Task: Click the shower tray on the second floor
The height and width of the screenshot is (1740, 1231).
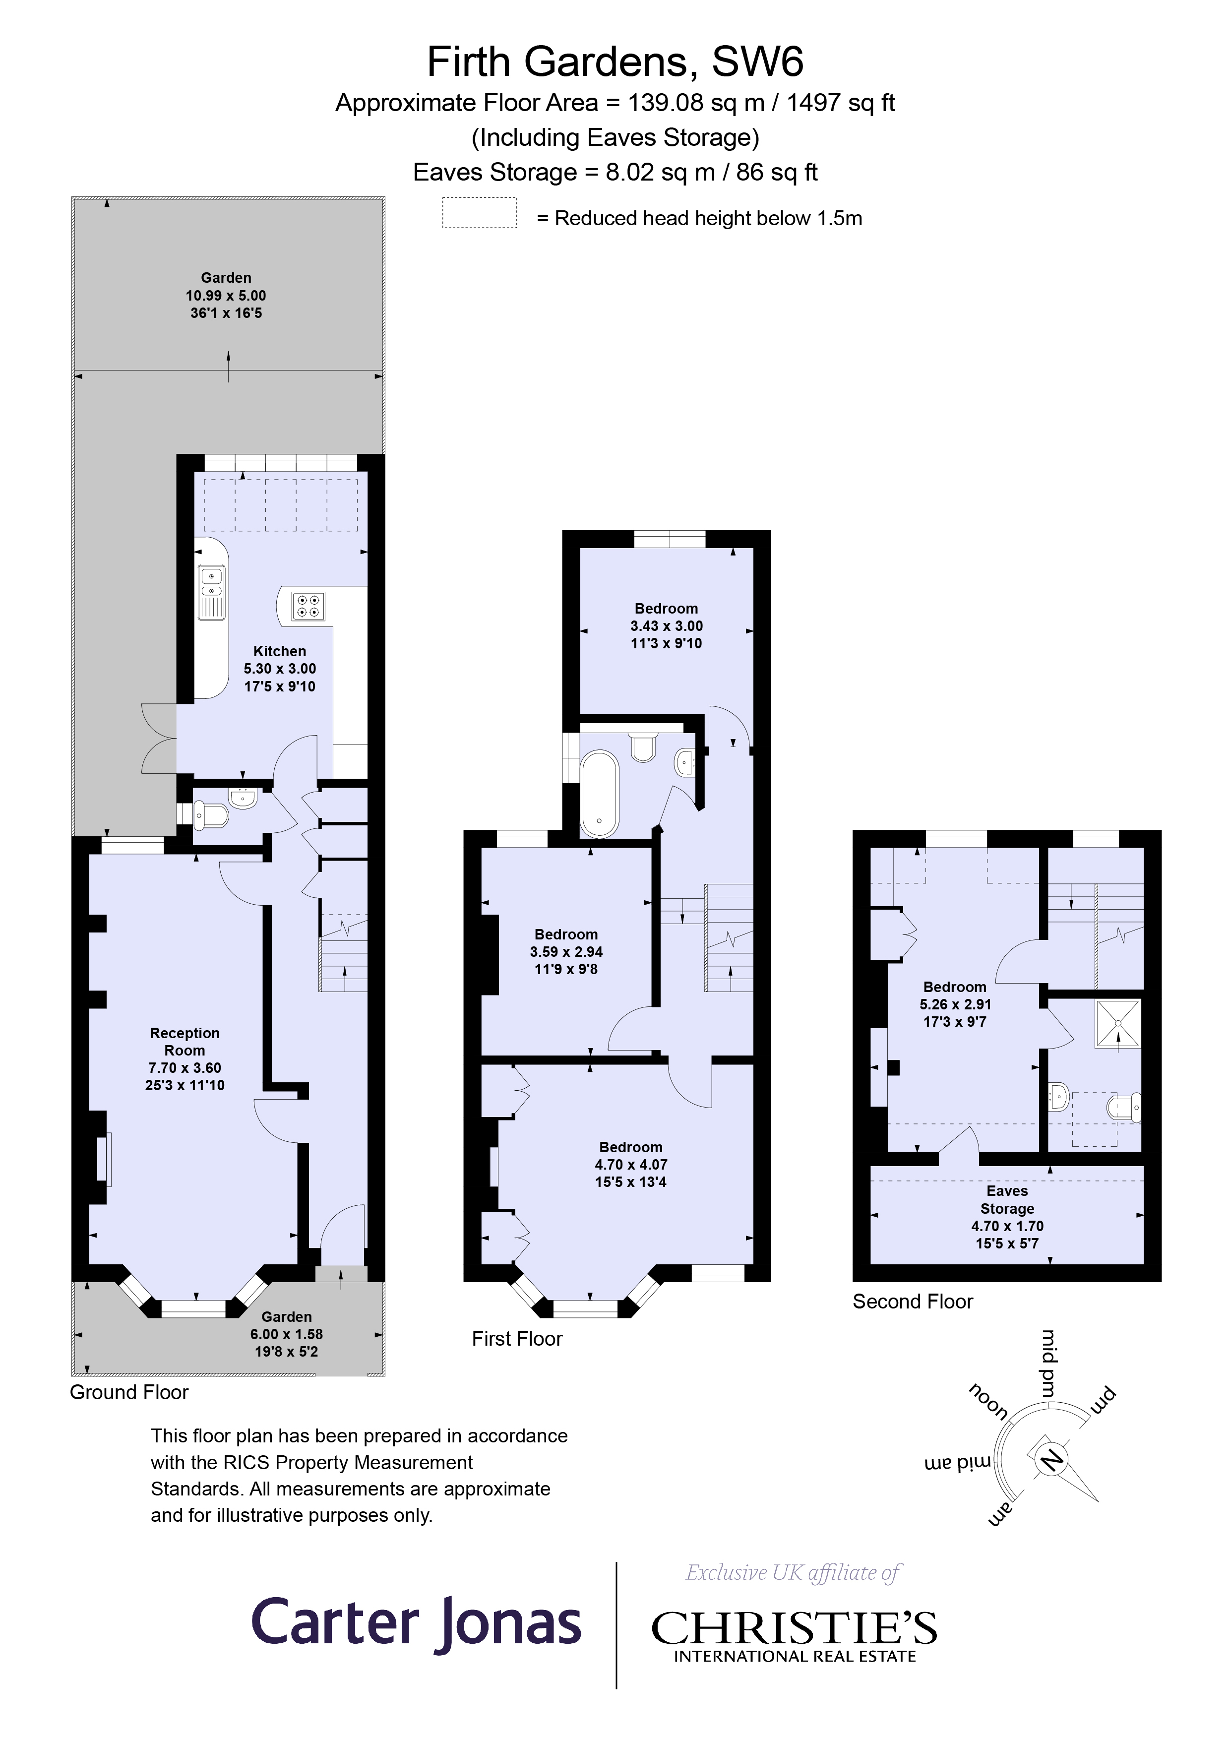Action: click(1117, 1024)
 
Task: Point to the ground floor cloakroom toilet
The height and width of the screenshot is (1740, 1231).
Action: click(211, 815)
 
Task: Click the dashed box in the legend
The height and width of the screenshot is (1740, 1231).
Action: click(479, 213)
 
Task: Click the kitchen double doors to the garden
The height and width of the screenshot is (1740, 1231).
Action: click(158, 739)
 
